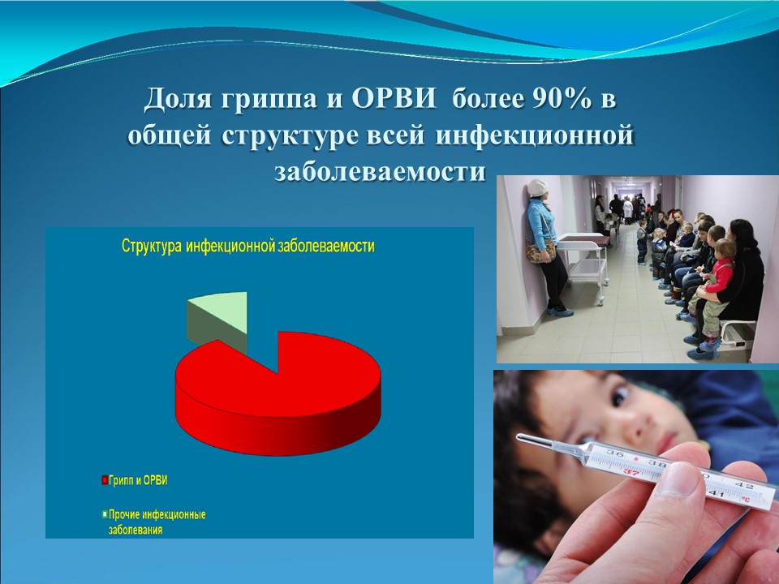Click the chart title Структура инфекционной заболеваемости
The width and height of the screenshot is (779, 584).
pyautogui.click(x=248, y=247)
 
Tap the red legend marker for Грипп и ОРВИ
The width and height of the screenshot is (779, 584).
pyautogui.click(x=105, y=480)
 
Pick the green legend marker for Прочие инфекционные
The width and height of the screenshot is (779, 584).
pyautogui.click(x=105, y=514)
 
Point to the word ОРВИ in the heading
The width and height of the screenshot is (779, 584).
pyautogui.click(x=394, y=98)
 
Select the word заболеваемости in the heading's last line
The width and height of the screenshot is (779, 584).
pyautogui.click(x=380, y=172)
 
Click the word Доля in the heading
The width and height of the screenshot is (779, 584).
pyautogui.click(x=180, y=99)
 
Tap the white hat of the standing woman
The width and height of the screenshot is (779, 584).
pyautogui.click(x=537, y=187)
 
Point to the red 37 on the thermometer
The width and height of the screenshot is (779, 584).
pyautogui.click(x=631, y=472)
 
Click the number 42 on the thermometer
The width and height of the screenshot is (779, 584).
pyautogui.click(x=747, y=485)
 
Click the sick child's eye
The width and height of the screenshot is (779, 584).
pyautogui.click(x=620, y=395)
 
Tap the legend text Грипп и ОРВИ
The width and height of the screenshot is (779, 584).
pyautogui.click(x=138, y=480)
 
